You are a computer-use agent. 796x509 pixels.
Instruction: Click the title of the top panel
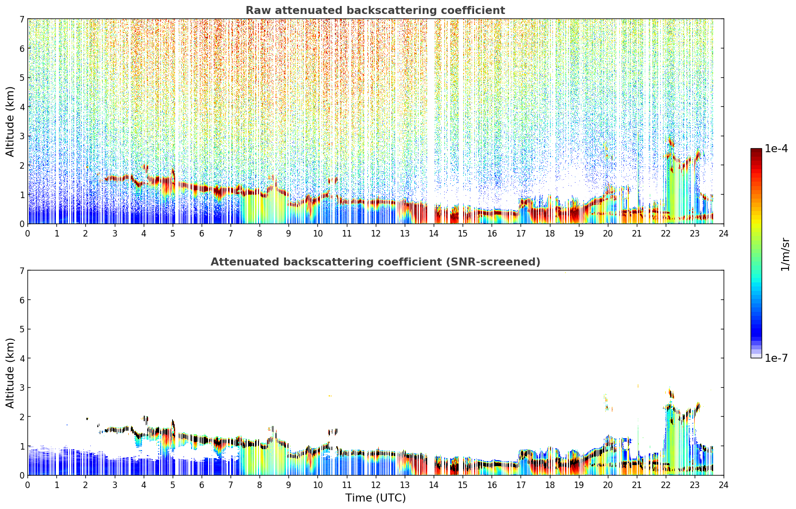(375, 10)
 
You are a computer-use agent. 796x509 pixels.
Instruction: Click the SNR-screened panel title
(375, 261)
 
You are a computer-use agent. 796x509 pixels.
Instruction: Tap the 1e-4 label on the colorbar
(776, 149)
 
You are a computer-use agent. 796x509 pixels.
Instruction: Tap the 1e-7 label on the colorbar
(776, 358)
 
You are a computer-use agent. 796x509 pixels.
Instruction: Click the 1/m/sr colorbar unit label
(785, 254)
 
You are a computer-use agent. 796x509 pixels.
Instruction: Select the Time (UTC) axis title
(375, 498)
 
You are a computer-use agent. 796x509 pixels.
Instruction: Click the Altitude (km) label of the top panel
(10, 121)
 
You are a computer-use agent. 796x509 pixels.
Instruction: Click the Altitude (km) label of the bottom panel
(10, 373)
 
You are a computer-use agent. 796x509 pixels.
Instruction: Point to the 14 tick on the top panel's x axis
(434, 234)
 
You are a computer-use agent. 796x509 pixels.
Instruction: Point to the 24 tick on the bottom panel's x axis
(724, 485)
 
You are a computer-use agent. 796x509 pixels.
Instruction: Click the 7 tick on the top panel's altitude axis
(22, 19)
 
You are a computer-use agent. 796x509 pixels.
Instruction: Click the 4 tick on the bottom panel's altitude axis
(22, 358)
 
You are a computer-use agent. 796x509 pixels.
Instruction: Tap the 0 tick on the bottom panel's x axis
(28, 485)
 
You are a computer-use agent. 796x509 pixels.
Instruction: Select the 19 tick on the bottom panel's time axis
(578, 485)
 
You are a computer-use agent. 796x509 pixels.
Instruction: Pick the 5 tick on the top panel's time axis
(173, 234)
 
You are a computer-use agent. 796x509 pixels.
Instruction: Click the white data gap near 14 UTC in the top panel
(431, 121)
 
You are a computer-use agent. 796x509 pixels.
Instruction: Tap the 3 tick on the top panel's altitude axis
(22, 136)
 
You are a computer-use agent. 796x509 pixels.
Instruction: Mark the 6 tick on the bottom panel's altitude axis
(22, 299)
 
